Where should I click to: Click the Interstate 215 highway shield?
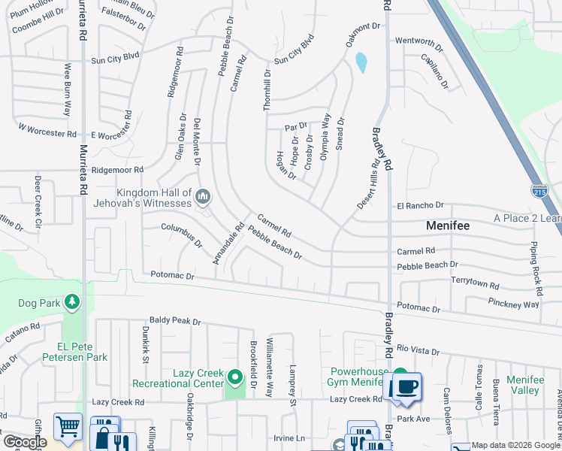tap(539, 190)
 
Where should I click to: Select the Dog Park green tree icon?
tap(71, 302)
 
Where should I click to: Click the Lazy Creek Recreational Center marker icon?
tap(235, 377)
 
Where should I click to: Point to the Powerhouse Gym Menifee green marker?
tap(400, 374)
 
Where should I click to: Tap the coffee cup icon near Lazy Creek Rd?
tap(406, 388)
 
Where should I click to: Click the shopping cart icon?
tap(68, 426)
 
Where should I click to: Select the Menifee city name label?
tap(448, 225)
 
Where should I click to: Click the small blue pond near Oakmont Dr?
tap(362, 62)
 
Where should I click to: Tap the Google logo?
tap(25, 442)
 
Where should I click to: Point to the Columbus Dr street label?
tap(181, 235)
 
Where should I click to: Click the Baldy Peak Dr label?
tap(175, 321)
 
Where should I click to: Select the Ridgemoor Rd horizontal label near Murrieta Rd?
tap(117, 170)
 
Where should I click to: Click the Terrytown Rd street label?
tap(475, 283)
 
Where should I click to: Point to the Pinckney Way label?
tap(513, 304)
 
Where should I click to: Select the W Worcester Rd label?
tap(47, 131)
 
